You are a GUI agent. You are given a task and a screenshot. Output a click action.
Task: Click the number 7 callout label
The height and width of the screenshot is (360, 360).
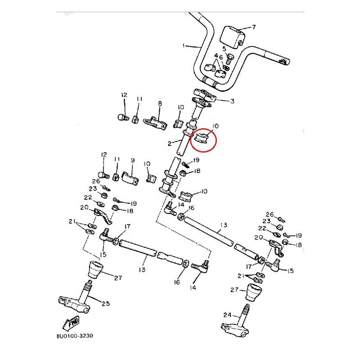[254, 27]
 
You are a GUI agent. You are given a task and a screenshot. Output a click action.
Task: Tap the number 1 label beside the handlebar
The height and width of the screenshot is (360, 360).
[184, 46]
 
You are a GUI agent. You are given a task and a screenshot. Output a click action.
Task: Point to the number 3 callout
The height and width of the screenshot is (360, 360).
[232, 102]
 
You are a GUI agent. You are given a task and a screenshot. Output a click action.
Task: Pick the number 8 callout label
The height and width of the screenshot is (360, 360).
[159, 103]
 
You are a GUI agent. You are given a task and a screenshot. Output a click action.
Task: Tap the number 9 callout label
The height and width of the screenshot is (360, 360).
[132, 160]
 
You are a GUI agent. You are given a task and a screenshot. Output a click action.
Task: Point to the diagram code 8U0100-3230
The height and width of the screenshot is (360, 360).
[75, 336]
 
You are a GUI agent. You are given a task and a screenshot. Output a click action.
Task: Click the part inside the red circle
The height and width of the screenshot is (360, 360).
[201, 137]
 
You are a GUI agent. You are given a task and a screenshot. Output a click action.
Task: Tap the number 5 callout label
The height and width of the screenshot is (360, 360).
[224, 48]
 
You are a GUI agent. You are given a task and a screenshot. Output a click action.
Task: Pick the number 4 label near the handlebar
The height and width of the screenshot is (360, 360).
[216, 56]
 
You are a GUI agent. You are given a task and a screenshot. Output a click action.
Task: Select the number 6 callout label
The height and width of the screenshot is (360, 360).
[221, 58]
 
